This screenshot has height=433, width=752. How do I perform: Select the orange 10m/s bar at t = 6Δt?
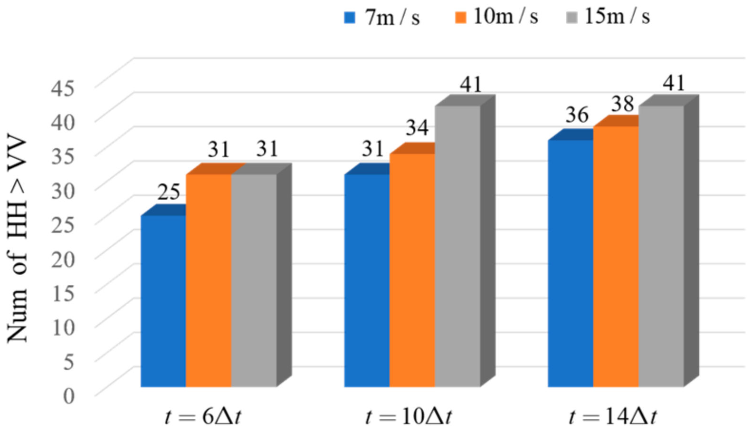(208, 280)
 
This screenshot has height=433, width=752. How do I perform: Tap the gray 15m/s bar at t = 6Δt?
(254, 280)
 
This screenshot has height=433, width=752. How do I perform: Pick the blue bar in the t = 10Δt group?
(366, 280)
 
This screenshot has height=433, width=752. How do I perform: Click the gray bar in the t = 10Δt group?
(457, 246)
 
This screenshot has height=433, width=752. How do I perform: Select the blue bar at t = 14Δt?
(570, 263)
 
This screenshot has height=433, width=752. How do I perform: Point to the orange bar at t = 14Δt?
(616, 257)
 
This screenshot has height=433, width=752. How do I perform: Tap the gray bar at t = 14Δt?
(661, 246)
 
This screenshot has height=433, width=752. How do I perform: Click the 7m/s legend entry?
(382, 18)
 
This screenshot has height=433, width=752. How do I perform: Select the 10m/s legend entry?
(496, 17)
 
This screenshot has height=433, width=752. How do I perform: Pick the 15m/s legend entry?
(608, 17)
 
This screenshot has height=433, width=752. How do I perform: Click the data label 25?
(169, 192)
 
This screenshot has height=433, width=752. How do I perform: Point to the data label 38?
(622, 104)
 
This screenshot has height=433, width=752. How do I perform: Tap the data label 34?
(417, 127)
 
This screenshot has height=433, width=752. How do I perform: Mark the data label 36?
(577, 115)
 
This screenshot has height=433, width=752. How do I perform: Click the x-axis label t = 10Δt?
(408, 417)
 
